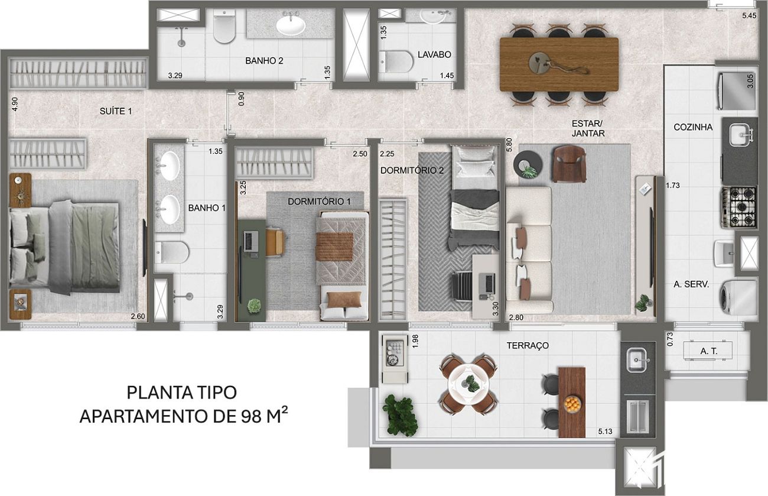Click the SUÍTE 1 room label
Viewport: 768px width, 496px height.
(116, 111)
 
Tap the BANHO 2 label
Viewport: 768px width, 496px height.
(264, 61)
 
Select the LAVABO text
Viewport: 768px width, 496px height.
(434, 54)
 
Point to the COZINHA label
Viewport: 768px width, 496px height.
(693, 127)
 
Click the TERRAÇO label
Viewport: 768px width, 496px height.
(528, 345)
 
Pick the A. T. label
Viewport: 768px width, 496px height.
(709, 351)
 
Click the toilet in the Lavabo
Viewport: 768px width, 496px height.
(396, 61)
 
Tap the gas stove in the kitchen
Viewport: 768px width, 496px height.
(739, 208)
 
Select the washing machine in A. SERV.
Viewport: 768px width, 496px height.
(738, 298)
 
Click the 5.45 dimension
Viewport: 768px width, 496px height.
(749, 15)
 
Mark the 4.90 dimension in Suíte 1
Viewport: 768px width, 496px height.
(14, 104)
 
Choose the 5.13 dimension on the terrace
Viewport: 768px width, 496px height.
(605, 432)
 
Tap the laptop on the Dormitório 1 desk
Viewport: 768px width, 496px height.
(250, 241)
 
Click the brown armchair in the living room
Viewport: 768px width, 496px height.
(569, 164)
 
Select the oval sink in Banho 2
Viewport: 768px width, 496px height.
(291, 25)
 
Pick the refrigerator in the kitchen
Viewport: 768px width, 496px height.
(737, 91)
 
